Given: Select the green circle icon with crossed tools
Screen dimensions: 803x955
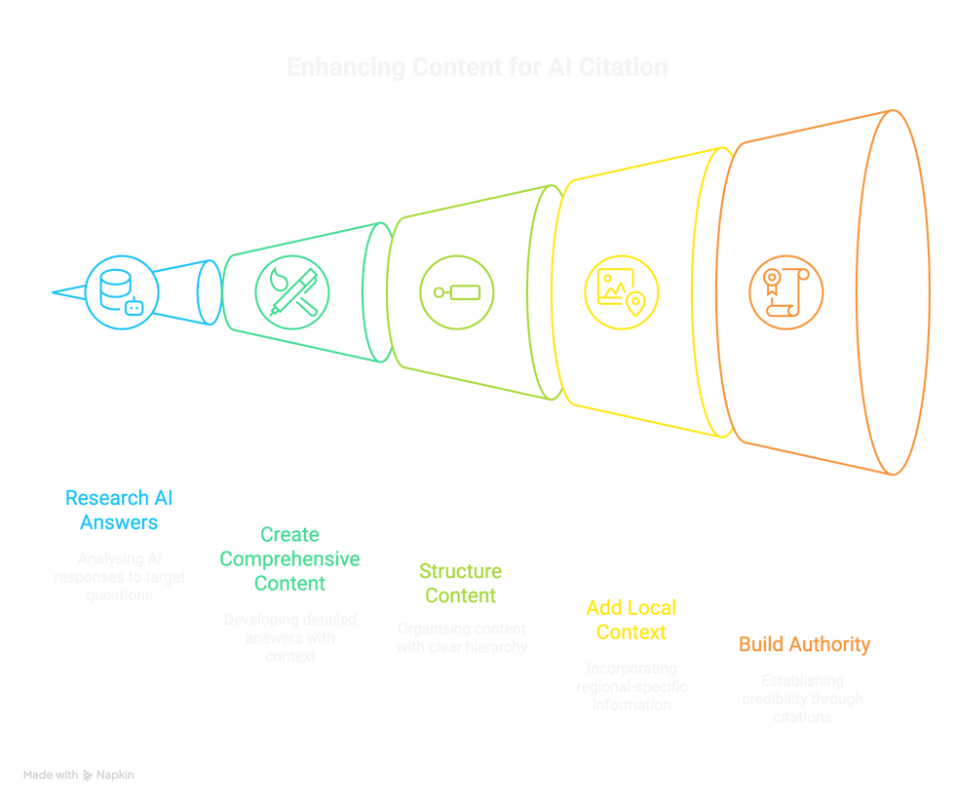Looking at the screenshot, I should [x=291, y=290].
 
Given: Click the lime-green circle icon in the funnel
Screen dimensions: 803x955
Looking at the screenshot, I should [x=456, y=290].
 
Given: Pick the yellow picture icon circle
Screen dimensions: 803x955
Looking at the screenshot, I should [x=621, y=290].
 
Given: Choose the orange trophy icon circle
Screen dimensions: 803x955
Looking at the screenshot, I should [x=785, y=290].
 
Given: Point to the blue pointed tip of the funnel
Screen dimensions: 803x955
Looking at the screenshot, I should [x=60, y=290].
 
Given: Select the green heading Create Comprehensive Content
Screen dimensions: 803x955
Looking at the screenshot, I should [x=289, y=558].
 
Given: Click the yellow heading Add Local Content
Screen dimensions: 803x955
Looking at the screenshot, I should [x=630, y=619].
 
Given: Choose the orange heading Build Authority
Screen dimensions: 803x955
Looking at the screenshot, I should [x=804, y=644].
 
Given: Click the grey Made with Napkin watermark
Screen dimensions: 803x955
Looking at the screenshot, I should [x=79, y=775].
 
